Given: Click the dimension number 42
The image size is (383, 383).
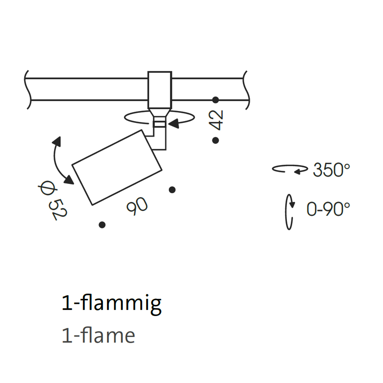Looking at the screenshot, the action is click(x=216, y=120).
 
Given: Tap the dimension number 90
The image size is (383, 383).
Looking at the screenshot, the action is click(x=137, y=206).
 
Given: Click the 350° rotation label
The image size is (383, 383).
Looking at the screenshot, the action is click(x=331, y=170).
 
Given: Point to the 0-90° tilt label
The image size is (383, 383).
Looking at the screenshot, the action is click(x=328, y=209).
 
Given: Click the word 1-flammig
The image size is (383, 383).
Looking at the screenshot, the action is click(x=111, y=304).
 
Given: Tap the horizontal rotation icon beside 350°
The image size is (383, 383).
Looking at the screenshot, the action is click(x=290, y=169).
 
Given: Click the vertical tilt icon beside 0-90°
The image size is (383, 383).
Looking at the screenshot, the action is click(x=289, y=212).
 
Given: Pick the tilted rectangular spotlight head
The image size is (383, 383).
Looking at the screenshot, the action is click(x=117, y=167).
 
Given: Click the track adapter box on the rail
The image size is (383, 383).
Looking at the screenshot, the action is click(x=160, y=90).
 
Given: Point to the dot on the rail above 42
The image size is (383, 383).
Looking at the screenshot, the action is click(x=215, y=100).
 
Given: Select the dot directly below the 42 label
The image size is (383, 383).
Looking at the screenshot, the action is click(x=215, y=140).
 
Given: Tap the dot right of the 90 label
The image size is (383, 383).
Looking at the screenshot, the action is click(x=172, y=190).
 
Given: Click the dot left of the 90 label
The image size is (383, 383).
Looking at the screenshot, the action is click(x=102, y=225).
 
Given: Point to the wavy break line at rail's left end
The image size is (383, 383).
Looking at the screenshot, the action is click(x=28, y=90).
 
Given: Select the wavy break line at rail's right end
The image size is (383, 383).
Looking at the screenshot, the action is click(x=246, y=90).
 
